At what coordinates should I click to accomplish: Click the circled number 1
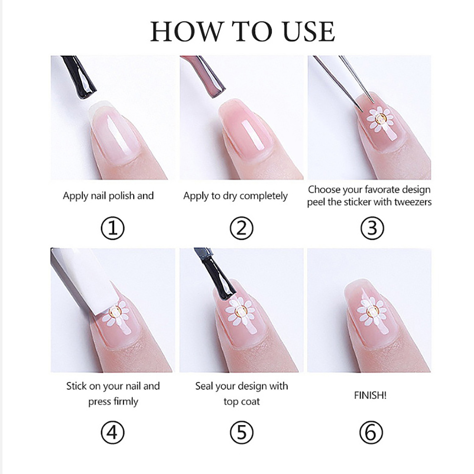[x=113, y=228]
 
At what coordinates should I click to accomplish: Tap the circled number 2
[x=241, y=228]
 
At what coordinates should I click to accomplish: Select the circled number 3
[x=372, y=228]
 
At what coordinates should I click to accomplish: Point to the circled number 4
[x=113, y=433]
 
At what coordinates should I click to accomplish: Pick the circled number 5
[x=241, y=433]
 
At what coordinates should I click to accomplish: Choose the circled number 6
[x=371, y=433]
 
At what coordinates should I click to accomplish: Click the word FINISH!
[x=370, y=395]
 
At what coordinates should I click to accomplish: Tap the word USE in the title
[x=309, y=31]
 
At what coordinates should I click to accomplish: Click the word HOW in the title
[x=187, y=31]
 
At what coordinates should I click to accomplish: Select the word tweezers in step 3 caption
[x=413, y=202]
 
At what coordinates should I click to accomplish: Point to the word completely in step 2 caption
[x=263, y=196]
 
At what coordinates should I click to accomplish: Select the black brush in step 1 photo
[x=79, y=77]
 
